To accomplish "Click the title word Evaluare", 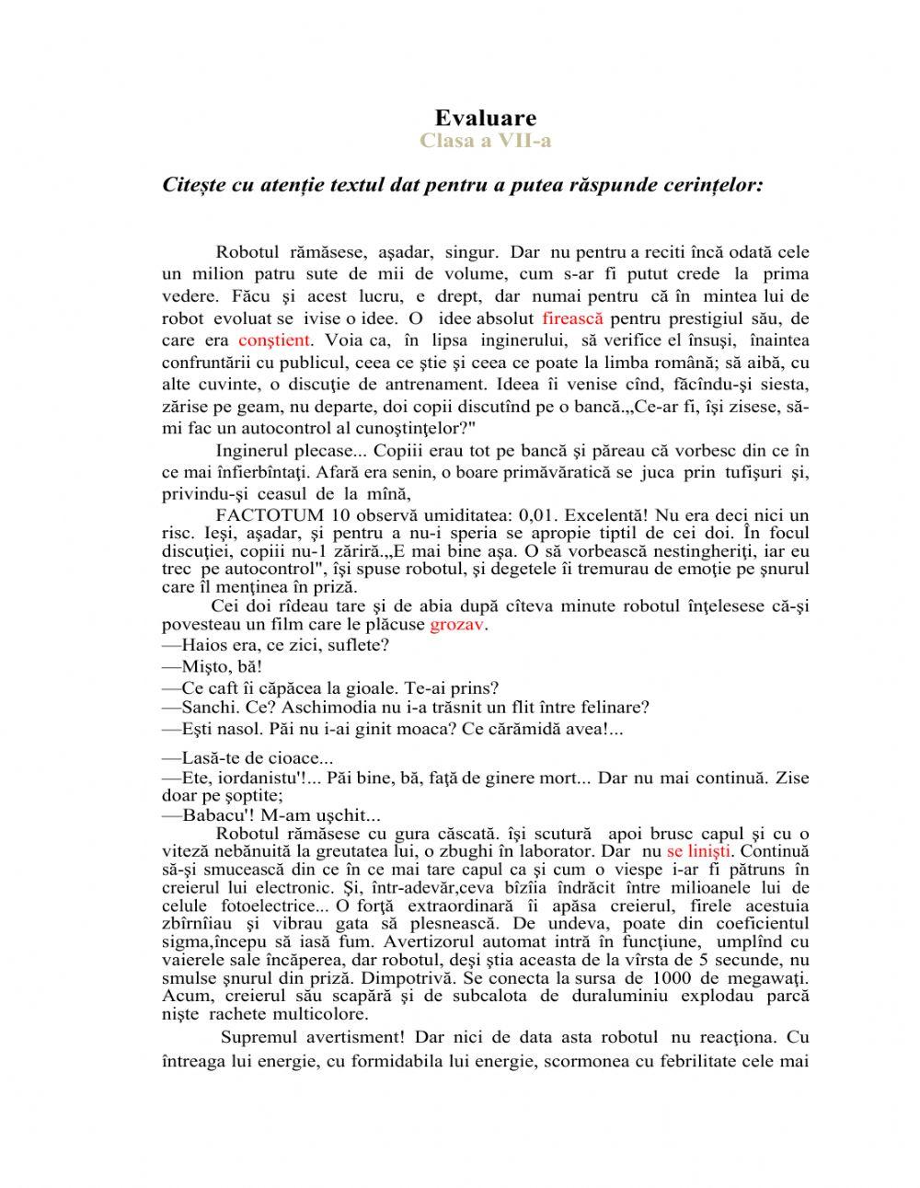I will [x=485, y=118].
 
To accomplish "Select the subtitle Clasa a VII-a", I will [x=485, y=141].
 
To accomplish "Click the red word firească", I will [x=572, y=318].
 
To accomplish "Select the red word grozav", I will [x=457, y=625].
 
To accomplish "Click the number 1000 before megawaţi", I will [x=675, y=977].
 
